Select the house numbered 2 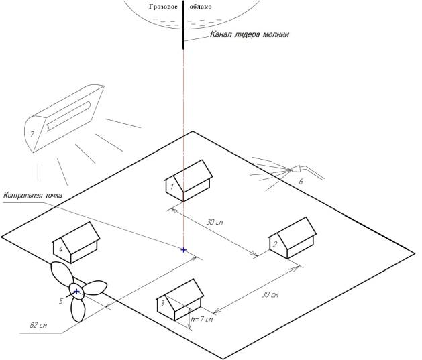[x=293, y=239]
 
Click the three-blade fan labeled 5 [x=76, y=292]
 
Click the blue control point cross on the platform [x=183, y=249]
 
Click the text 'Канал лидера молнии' [x=249, y=34]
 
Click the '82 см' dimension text [x=38, y=325]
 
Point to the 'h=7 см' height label [x=203, y=319]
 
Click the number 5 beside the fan [x=60, y=302]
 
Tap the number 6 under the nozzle [x=300, y=181]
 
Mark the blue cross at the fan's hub [x=76, y=291]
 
